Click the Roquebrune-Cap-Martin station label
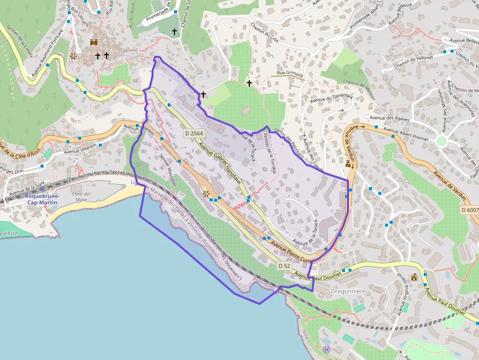click(x=43, y=199)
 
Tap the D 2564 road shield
click(x=194, y=133)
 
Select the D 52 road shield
click(x=284, y=266)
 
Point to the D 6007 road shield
click(x=469, y=210)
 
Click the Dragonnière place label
click(x=348, y=291)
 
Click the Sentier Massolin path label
click(x=168, y=170)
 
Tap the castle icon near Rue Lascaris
click(x=94, y=42)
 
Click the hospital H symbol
click(x=327, y=349)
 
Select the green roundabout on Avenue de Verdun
click(x=442, y=141)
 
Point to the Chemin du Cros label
click(x=264, y=33)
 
